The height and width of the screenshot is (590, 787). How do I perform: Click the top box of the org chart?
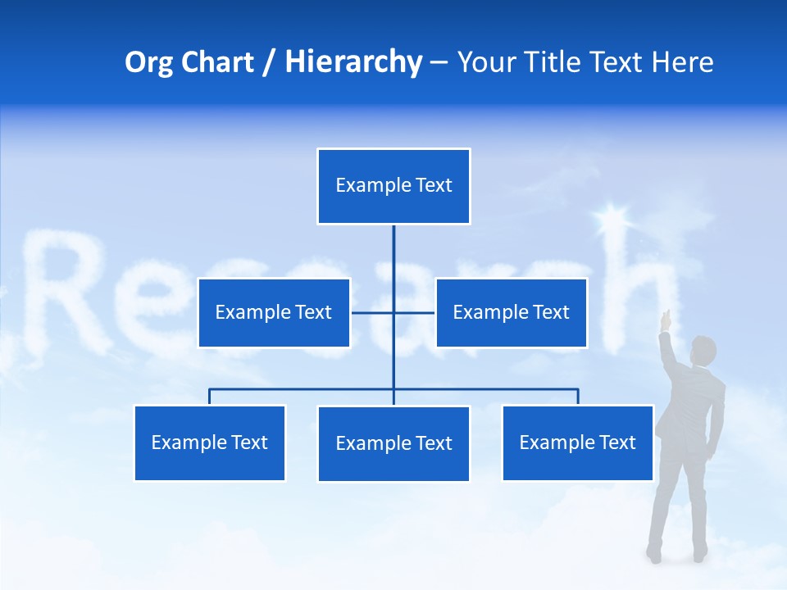pyautogui.click(x=393, y=186)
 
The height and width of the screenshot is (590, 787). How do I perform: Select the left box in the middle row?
pyautogui.click(x=274, y=312)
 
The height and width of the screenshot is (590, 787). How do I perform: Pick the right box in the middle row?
pyautogui.click(x=511, y=312)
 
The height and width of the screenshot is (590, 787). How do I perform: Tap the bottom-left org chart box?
pyautogui.click(x=210, y=442)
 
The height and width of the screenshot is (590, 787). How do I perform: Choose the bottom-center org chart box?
pyautogui.click(x=393, y=443)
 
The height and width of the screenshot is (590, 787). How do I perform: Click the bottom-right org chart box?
pyautogui.click(x=577, y=442)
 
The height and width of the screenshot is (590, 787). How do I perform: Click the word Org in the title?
pyautogui.click(x=148, y=62)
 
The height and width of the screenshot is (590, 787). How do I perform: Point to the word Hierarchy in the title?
pyautogui.click(x=353, y=62)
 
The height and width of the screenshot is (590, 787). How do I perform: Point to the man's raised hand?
pyautogui.click(x=666, y=316)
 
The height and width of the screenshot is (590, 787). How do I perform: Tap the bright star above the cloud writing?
pyautogui.click(x=610, y=218)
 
